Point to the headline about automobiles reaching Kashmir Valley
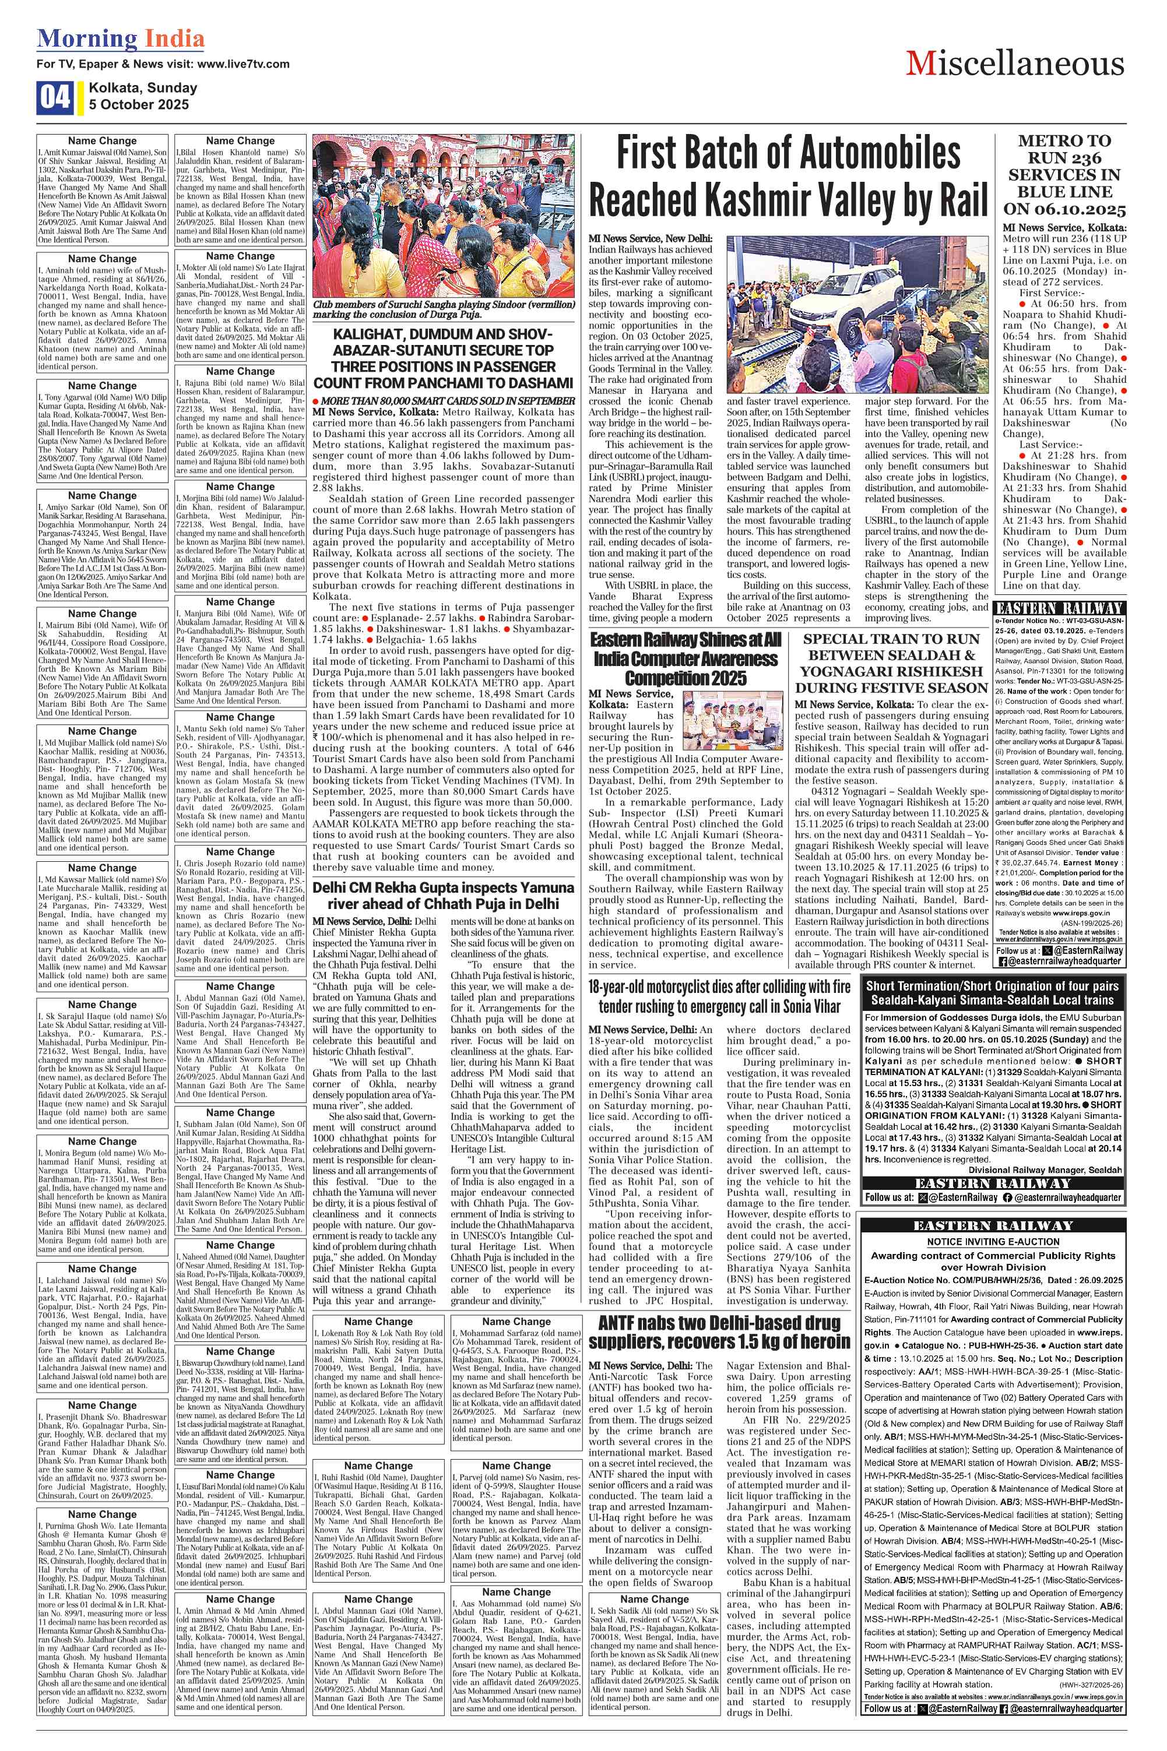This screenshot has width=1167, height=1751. tap(788, 177)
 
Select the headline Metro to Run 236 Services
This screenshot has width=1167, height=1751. tap(1064, 175)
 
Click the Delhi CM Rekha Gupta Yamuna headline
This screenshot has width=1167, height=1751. tap(443, 896)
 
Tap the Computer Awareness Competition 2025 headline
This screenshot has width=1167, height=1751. tap(686, 659)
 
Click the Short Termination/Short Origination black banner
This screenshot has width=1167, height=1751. tap(992, 993)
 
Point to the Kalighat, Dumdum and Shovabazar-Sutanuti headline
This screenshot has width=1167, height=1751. tap(443, 358)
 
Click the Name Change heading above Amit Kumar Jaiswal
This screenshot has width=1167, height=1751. tap(102, 140)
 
